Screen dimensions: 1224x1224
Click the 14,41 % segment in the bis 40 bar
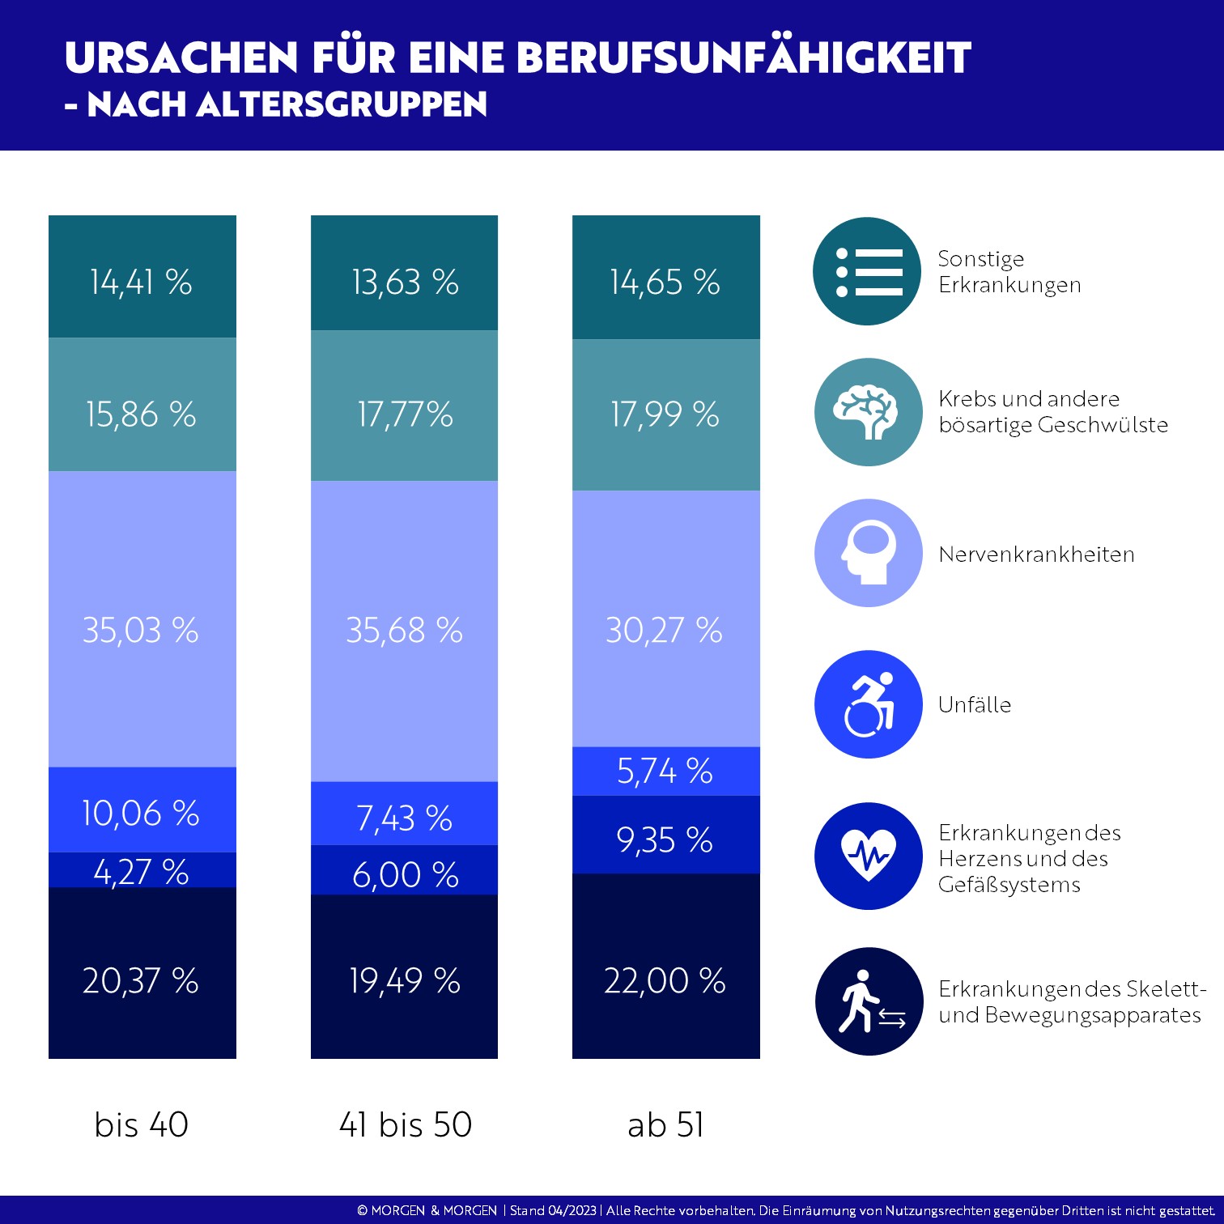142,277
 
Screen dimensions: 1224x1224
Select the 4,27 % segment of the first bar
142,870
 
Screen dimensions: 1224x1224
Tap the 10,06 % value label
141,813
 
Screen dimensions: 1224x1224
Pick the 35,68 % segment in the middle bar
404,631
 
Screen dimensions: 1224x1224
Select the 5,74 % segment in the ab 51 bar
665,771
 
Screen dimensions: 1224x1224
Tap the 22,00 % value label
665,980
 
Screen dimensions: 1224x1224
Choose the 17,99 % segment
665,414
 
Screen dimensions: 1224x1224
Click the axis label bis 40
142,1124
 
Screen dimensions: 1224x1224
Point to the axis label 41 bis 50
405,1124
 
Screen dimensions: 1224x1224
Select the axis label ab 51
665,1124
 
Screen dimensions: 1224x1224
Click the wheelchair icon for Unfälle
868,704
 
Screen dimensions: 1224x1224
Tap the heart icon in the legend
868,856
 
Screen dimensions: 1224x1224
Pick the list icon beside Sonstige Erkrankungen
867,271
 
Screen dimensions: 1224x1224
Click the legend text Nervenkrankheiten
1036,555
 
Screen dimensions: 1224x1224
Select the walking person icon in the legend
869,1001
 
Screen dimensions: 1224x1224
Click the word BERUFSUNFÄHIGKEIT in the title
743,57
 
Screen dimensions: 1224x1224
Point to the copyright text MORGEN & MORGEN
434,1210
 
